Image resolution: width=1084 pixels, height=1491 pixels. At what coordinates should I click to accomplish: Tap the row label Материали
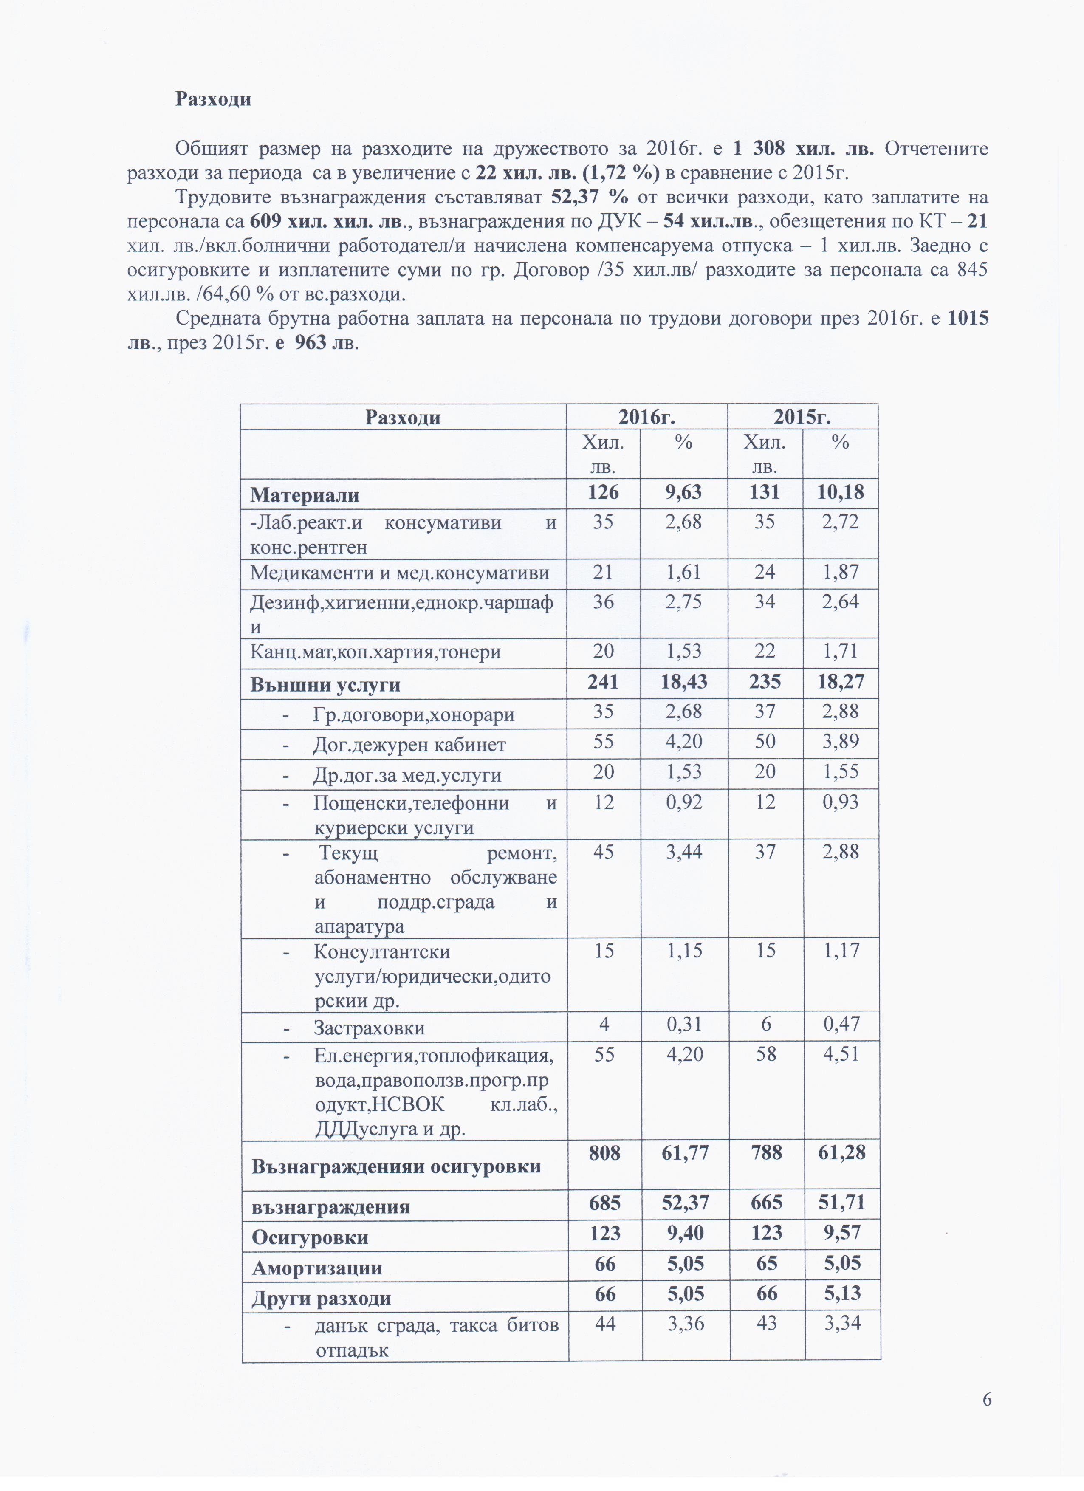click(x=305, y=494)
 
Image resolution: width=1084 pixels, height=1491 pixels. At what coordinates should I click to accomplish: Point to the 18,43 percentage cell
click(x=684, y=682)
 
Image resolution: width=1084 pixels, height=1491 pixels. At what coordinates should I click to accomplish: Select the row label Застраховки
click(x=369, y=1028)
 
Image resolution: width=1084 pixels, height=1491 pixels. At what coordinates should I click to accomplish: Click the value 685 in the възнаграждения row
click(x=605, y=1203)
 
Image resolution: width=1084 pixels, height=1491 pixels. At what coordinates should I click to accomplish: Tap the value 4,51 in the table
click(x=841, y=1054)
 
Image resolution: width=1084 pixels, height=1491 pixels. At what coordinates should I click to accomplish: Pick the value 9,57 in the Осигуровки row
click(x=842, y=1233)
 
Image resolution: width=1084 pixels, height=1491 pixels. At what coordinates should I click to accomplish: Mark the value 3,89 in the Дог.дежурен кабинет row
click(x=841, y=742)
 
